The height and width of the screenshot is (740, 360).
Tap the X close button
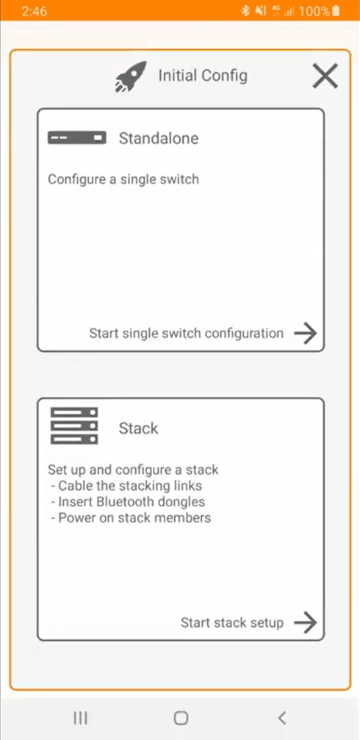coord(325,76)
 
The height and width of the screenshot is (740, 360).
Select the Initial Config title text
coord(203,75)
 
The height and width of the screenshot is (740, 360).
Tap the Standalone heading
coord(159,138)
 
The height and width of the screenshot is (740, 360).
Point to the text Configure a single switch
coord(123,179)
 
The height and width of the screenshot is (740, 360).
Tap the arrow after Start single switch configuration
coord(305,333)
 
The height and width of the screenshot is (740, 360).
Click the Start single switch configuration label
coord(186,333)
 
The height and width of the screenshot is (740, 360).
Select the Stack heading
coord(138,428)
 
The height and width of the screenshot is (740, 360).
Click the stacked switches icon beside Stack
coord(74,426)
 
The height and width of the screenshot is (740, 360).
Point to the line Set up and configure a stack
coord(133,470)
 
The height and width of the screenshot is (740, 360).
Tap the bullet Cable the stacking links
coord(126,486)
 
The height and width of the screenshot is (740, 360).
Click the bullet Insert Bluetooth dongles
coord(128,502)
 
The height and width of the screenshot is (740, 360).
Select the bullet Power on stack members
coord(131,517)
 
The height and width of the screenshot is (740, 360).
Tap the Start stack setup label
coord(231,622)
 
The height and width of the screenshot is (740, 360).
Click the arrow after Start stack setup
coord(305,622)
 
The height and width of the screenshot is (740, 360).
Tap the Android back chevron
coord(281,717)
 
